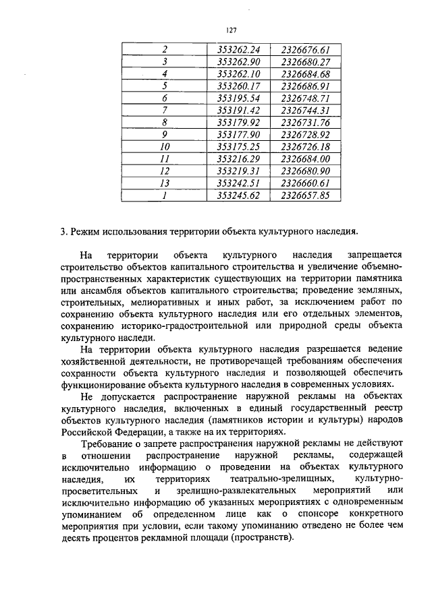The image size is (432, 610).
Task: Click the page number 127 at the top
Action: (230, 29)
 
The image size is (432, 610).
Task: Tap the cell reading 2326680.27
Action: (305, 62)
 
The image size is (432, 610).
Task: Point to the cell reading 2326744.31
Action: (305, 111)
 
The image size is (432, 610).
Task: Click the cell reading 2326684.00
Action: (305, 159)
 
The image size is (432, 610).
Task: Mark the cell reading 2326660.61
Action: (305, 183)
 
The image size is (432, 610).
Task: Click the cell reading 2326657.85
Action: (305, 195)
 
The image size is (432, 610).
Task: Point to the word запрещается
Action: (375, 256)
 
